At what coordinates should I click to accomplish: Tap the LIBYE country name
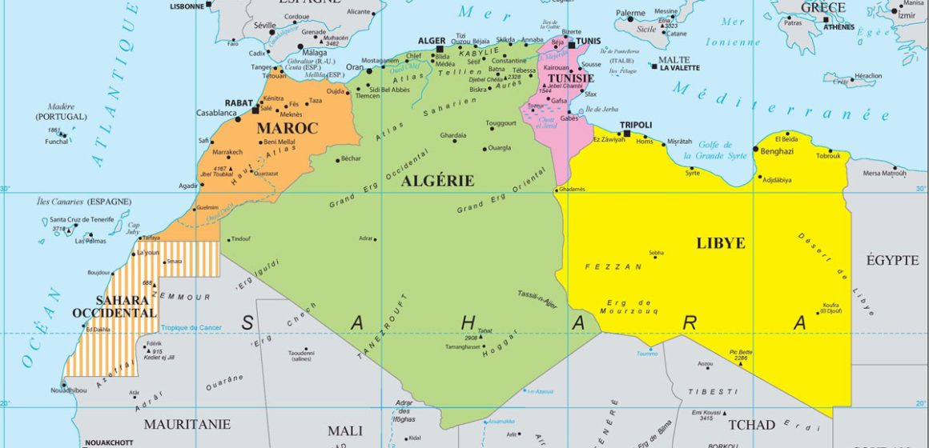[721, 243]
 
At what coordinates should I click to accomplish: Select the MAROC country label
[288, 128]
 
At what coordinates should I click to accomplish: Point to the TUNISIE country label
[569, 78]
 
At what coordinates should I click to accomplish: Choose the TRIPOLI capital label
[636, 126]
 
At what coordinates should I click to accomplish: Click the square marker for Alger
[440, 50]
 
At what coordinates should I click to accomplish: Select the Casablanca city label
[216, 114]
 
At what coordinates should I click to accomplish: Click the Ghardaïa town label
[452, 135]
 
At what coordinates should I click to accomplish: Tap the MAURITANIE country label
[187, 424]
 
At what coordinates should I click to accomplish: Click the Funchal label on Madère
[55, 142]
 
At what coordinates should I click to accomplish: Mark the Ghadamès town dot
[557, 190]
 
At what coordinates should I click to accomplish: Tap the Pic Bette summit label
[741, 352]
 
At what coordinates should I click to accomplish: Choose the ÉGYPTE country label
[892, 260]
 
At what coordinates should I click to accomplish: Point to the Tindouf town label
[240, 239]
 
